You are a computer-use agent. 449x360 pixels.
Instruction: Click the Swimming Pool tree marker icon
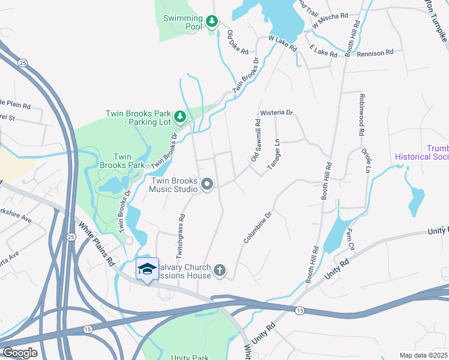point(211,22)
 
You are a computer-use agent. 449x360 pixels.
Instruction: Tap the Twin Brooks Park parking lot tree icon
point(179,115)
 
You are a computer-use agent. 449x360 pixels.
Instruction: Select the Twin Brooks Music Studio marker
point(207,184)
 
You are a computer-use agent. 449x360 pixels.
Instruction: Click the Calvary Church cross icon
point(220,270)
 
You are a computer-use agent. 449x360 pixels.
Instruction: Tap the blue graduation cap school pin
point(147,269)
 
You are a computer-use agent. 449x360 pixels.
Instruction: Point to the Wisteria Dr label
point(276,113)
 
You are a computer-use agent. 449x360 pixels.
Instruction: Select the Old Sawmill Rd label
point(256,140)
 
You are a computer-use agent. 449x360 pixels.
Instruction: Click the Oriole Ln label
point(365,158)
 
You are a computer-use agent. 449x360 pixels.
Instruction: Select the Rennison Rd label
point(375,53)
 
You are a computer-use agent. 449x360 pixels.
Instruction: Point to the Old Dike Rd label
point(238,42)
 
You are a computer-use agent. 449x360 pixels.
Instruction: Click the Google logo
point(20,352)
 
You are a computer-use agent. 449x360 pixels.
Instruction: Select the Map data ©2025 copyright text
point(423,355)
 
